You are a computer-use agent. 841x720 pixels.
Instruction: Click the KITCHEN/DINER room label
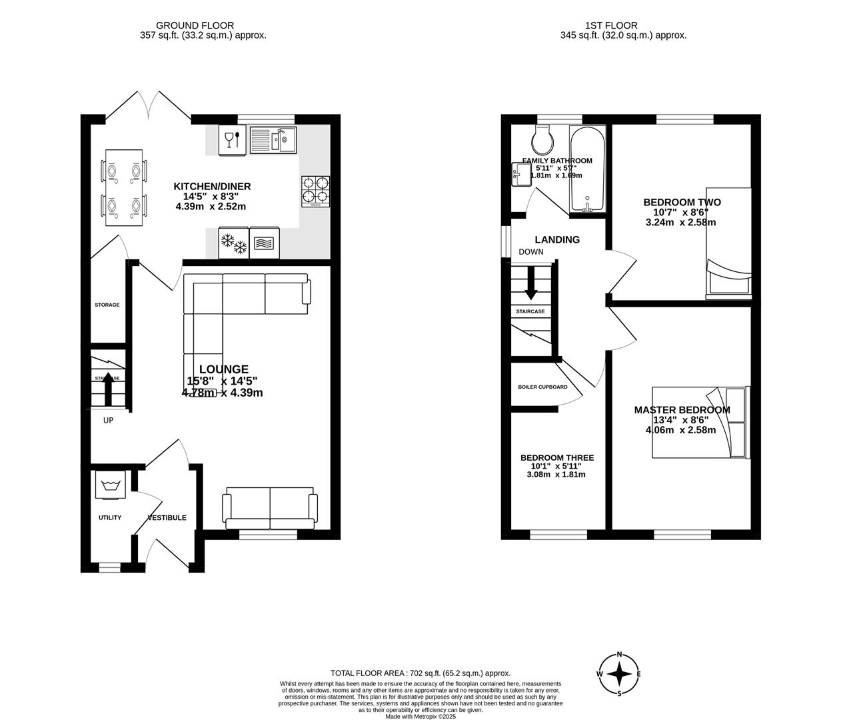212,186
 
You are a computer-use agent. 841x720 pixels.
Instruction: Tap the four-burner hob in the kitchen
317,191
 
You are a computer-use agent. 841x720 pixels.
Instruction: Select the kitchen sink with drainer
273,140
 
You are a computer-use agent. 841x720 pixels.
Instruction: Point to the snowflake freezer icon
233,243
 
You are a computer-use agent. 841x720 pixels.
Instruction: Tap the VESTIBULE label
167,517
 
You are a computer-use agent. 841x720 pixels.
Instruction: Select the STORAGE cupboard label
107,305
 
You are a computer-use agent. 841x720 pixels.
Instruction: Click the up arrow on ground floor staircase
106,389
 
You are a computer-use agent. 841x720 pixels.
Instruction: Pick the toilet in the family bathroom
540,140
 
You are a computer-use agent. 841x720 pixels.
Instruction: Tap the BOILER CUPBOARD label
542,387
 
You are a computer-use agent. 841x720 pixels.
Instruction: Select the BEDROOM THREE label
556,457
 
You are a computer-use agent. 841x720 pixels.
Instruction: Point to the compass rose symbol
619,674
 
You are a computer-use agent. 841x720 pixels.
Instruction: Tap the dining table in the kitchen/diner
124,188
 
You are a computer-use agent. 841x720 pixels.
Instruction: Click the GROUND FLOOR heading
204,25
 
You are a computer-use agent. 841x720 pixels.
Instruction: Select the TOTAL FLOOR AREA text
420,673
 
